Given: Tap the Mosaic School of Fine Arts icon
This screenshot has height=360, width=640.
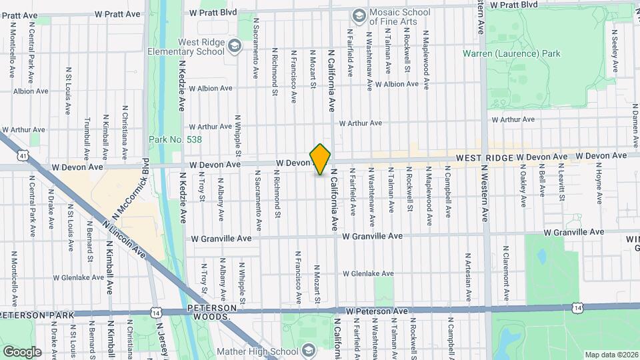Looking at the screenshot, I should [359, 15].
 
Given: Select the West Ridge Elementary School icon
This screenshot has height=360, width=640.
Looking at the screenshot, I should [233, 45].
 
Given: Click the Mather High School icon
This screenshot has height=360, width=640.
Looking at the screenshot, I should [308, 350].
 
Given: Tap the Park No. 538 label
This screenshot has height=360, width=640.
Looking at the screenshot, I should [175, 139].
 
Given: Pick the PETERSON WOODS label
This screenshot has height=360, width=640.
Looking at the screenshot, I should [209, 312].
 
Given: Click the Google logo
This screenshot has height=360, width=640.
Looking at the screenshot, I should [23, 351].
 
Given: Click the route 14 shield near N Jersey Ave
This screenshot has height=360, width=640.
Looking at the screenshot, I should [155, 311].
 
